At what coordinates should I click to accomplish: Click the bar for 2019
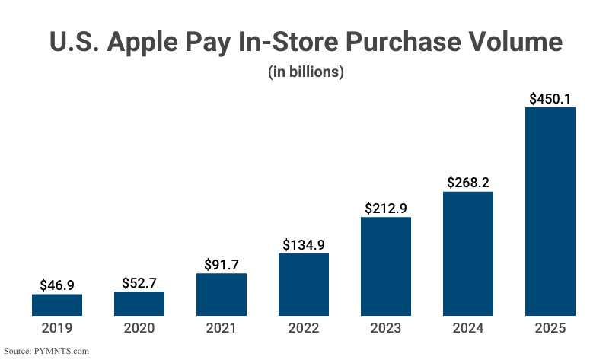(x=57, y=304)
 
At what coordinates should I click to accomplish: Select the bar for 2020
(x=139, y=303)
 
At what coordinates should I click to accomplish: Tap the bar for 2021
(x=222, y=295)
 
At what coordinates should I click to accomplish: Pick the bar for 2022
(x=304, y=284)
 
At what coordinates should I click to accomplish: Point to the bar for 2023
(x=386, y=266)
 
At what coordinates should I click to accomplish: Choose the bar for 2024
(x=468, y=253)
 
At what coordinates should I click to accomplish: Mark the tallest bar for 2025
(x=550, y=211)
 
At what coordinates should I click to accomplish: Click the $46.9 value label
(x=57, y=285)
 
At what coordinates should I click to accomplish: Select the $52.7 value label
(x=139, y=283)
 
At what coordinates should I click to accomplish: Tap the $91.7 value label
(x=222, y=265)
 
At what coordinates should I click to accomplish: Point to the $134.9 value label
(x=304, y=245)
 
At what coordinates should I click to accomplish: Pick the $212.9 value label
(x=386, y=209)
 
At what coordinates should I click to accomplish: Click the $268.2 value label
(x=468, y=183)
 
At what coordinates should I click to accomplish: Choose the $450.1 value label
(x=550, y=98)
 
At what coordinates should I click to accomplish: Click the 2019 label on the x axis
(x=57, y=328)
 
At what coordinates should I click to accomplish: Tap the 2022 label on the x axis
(x=304, y=328)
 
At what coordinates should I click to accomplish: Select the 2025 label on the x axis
(x=550, y=328)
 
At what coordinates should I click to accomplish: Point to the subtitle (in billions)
(x=306, y=72)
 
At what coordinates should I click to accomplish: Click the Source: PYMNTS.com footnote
(x=47, y=351)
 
